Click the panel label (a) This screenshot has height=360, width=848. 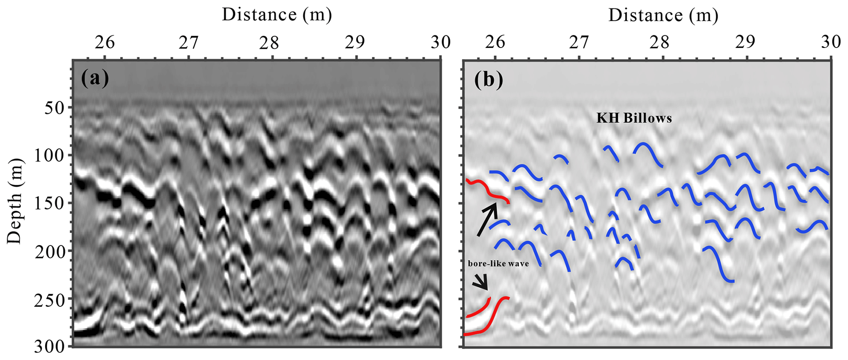(95, 78)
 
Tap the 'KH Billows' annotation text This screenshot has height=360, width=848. (634, 118)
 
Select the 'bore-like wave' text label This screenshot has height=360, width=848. (498, 264)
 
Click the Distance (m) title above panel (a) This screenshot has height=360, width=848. (277, 15)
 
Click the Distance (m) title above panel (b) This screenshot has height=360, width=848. (663, 16)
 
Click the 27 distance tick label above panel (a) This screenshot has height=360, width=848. (188, 42)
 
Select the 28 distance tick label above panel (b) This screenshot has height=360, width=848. (661, 42)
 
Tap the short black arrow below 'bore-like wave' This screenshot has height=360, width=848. (481, 282)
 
